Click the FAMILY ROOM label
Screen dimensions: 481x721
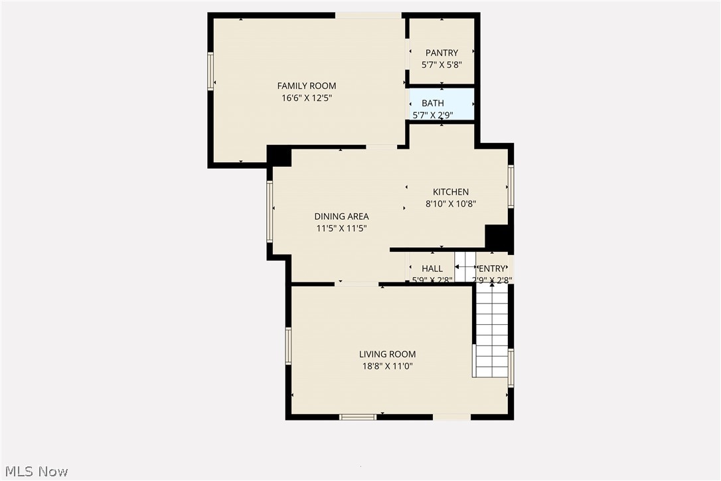306,86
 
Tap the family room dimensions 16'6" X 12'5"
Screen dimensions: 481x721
306,98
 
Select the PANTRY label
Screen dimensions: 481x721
441,53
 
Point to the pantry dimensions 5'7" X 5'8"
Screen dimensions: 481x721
441,65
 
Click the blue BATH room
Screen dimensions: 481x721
442,104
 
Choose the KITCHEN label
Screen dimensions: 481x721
451,192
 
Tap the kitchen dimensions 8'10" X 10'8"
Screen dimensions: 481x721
451,204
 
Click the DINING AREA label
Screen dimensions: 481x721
341,216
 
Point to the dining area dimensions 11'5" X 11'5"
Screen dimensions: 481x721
341,228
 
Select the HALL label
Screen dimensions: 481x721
432,268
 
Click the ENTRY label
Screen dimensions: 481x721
492,268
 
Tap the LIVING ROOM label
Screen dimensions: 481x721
387,354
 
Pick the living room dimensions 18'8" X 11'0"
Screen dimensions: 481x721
387,366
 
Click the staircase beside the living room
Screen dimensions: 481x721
492,332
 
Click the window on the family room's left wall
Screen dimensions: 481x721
210,71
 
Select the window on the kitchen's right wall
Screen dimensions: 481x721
511,186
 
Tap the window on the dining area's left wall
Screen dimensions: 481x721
270,211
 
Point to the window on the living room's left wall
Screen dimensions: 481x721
288,345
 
